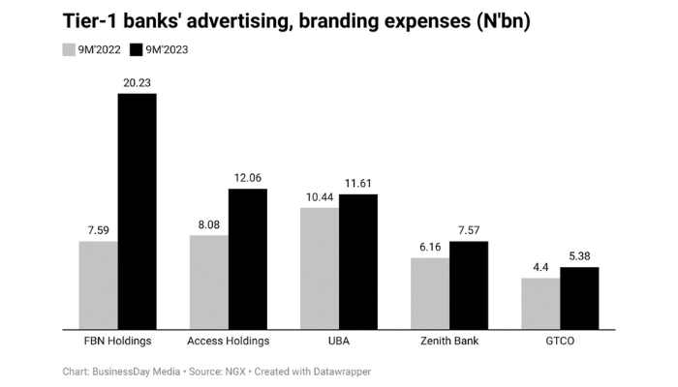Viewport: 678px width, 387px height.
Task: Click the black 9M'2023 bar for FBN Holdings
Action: (x=137, y=210)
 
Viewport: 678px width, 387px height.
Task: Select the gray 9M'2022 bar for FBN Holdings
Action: (x=98, y=283)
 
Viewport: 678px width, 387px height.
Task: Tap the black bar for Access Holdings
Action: (x=247, y=257)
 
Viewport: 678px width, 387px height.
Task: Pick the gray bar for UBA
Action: (x=319, y=267)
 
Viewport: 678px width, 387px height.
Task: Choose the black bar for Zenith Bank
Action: (x=469, y=283)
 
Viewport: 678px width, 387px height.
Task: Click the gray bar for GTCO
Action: (x=540, y=302)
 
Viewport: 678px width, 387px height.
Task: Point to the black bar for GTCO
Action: (x=579, y=297)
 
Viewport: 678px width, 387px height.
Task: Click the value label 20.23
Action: (x=137, y=83)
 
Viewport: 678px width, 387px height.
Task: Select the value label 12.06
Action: (x=247, y=178)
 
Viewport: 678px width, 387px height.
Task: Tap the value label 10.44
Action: (x=319, y=197)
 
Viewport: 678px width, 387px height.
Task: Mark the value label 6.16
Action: (x=430, y=248)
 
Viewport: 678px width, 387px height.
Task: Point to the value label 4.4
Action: (x=540, y=268)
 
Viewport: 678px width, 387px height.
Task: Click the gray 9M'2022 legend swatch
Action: (x=69, y=49)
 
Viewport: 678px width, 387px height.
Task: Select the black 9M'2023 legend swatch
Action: (x=136, y=49)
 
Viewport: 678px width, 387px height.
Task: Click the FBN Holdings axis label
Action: (x=117, y=341)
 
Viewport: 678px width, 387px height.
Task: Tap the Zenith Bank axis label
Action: (x=449, y=341)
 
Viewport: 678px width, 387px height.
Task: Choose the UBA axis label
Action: (x=338, y=341)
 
